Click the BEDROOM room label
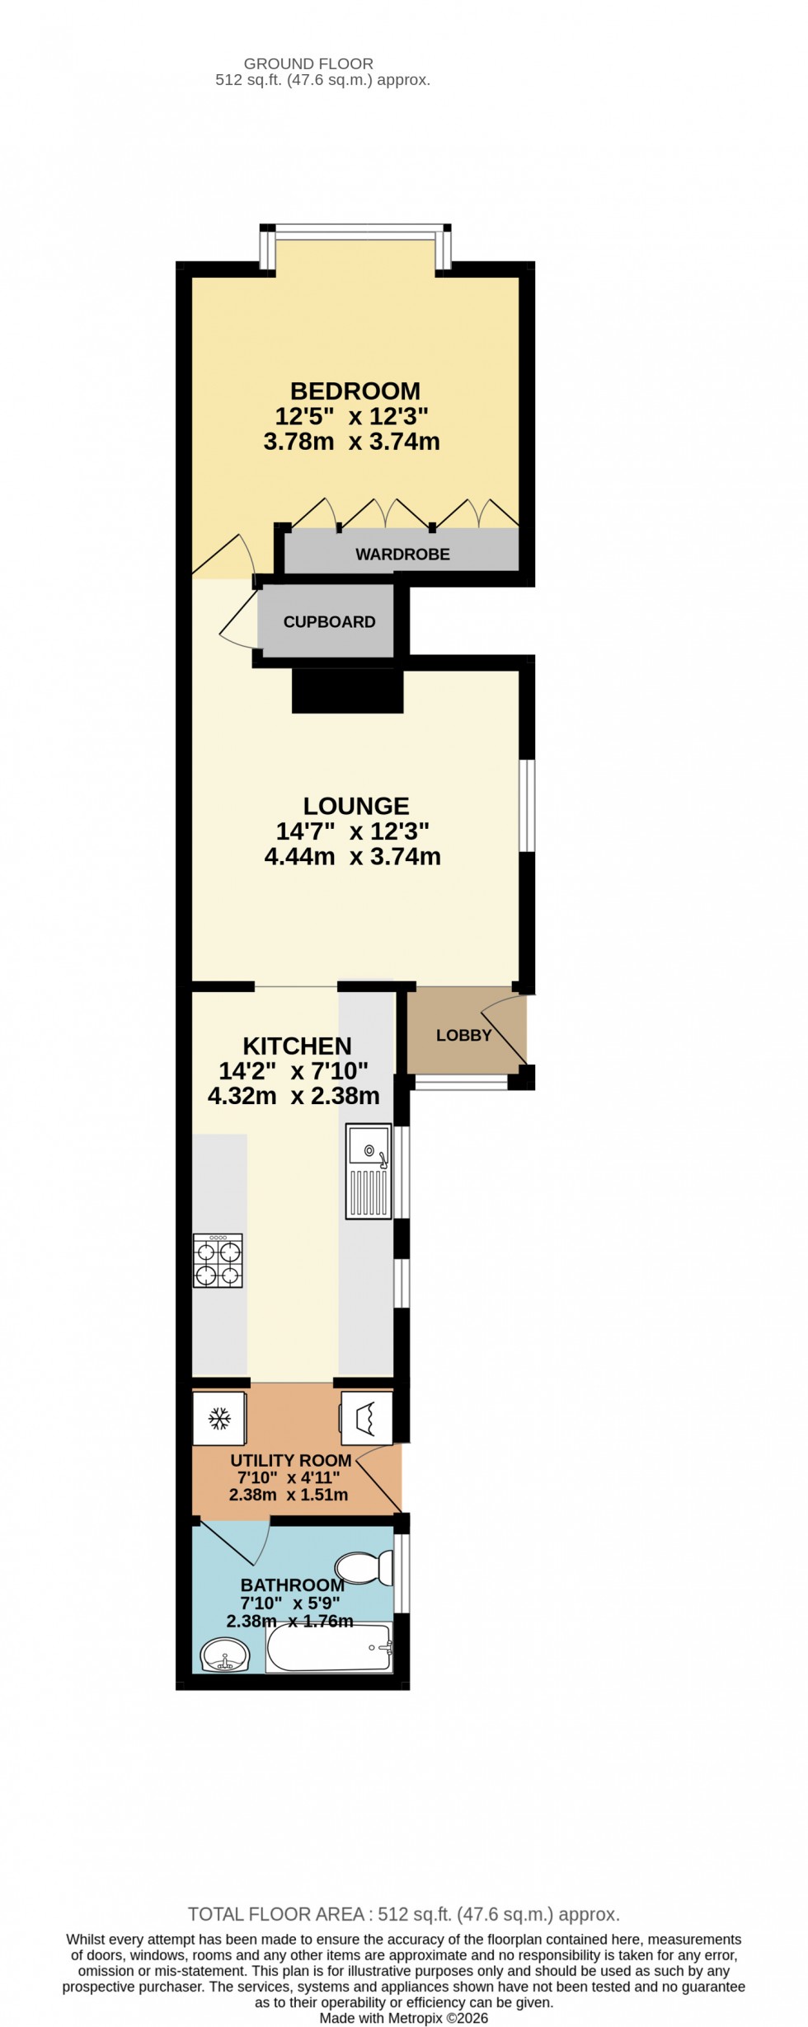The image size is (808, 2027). click(x=355, y=391)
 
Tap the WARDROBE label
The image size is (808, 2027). click(x=402, y=555)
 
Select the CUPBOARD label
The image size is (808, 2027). click(x=329, y=622)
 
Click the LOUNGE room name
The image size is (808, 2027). click(x=356, y=806)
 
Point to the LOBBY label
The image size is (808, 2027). click(x=463, y=1036)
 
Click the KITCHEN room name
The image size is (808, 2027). click(x=297, y=1046)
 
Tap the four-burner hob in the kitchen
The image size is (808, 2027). click(x=218, y=1261)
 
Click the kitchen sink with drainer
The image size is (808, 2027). click(x=369, y=1171)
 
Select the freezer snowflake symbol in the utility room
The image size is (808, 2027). click(x=218, y=1419)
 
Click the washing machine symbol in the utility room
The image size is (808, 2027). click(x=366, y=1419)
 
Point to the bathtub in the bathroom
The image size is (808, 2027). click(x=329, y=1648)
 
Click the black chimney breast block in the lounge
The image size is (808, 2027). click(x=348, y=690)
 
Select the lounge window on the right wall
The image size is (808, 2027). click(x=527, y=804)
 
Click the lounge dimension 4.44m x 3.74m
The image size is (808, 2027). click(x=353, y=857)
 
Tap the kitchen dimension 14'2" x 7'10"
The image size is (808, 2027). click(x=294, y=1071)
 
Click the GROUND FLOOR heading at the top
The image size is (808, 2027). click(x=308, y=63)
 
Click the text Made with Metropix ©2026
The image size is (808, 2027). click(x=404, y=2018)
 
